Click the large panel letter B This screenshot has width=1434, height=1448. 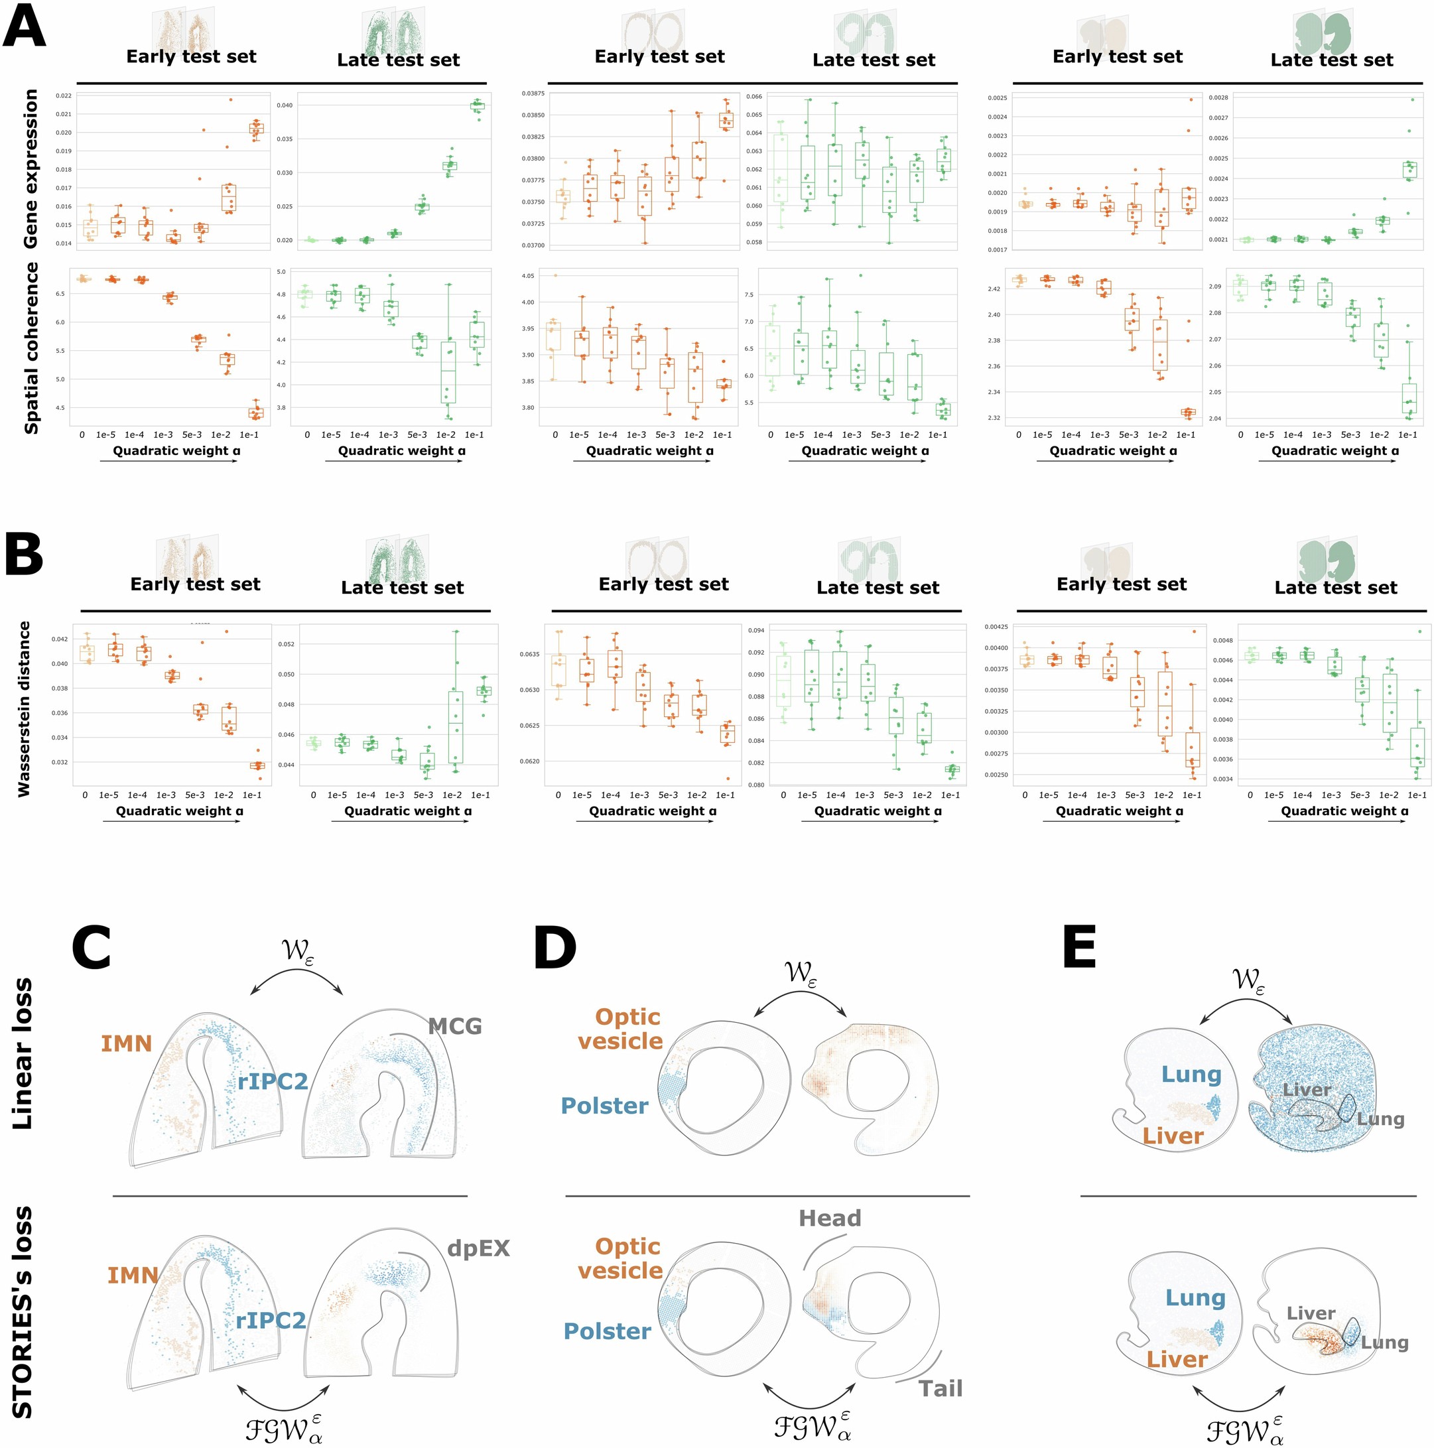(x=24, y=554)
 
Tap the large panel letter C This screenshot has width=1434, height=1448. (x=91, y=947)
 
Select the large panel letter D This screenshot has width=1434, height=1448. (x=554, y=947)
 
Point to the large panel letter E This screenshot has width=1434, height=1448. (x=1078, y=947)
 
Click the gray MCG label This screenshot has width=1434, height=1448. (x=454, y=1027)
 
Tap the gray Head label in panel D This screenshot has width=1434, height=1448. (x=829, y=1218)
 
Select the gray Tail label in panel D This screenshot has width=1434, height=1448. (x=940, y=1389)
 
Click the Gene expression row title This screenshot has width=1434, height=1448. (x=31, y=168)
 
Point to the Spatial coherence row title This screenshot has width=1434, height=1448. (x=31, y=348)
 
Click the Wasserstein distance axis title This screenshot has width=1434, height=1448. (x=25, y=708)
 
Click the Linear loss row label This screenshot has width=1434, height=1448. (x=23, y=1053)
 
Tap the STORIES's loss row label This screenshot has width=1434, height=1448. (x=23, y=1311)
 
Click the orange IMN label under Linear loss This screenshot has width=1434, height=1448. (x=126, y=1043)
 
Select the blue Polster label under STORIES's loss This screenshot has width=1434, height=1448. (x=606, y=1332)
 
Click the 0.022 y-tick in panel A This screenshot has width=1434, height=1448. (x=64, y=96)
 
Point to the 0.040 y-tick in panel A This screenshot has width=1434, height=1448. (x=285, y=105)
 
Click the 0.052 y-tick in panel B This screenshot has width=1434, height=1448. (x=287, y=644)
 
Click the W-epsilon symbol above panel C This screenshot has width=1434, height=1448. (x=297, y=952)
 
